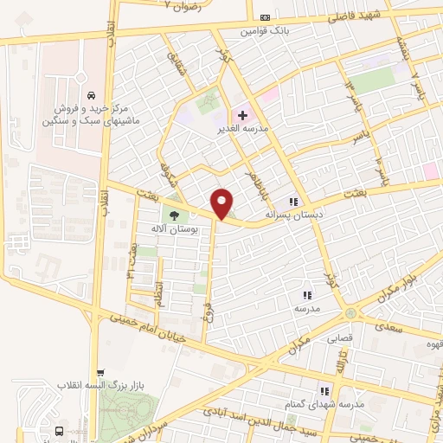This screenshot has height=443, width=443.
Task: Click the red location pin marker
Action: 222,203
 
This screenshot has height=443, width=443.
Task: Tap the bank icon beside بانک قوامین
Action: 265,17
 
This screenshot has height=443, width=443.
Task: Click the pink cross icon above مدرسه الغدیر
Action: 241,115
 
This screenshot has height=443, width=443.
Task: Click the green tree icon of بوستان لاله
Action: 174,216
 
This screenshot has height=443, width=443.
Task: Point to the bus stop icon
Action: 59,431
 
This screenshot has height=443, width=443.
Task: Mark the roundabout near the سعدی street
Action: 350,312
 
